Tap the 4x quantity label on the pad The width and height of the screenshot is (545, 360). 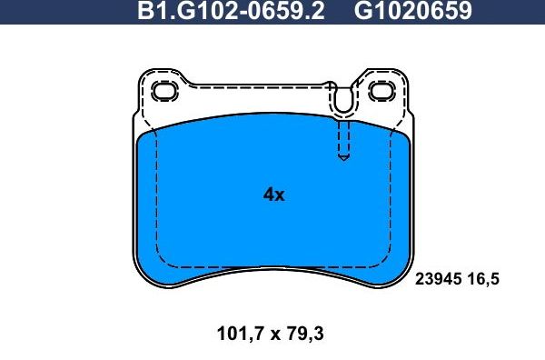point(273,195)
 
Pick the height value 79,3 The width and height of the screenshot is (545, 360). point(305,334)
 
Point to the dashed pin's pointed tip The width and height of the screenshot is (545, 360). point(342,160)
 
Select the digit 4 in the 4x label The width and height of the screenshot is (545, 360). point(268,195)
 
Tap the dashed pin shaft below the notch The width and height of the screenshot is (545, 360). point(342,139)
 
